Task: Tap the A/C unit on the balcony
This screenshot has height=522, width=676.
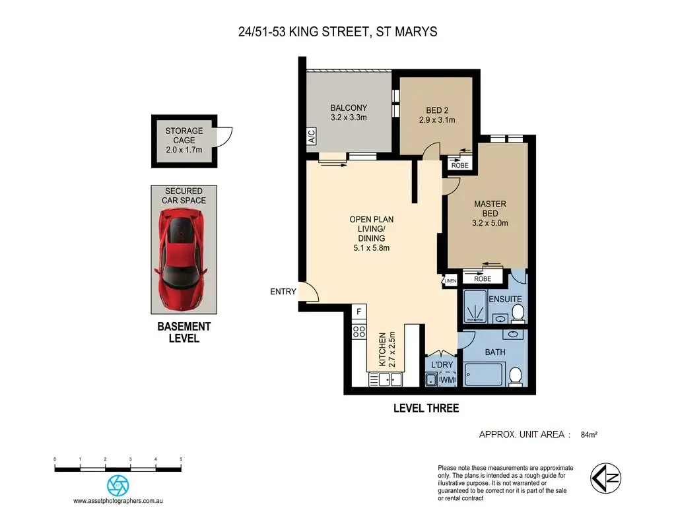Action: pos(312,136)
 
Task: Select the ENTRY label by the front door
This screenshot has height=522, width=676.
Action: pos(283,292)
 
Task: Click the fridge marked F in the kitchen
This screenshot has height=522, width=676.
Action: pos(358,311)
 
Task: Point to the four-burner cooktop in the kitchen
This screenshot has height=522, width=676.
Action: pos(359,331)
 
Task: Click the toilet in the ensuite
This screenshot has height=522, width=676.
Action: pos(518,313)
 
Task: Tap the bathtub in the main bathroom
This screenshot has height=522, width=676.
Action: pos(485,374)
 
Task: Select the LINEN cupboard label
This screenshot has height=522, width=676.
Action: pos(450,281)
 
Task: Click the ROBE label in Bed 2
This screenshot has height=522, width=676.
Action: pos(460,166)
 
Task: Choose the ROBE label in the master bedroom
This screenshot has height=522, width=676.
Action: pos(483,279)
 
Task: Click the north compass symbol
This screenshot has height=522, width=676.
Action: pos(606,478)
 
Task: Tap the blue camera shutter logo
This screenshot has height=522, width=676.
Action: pos(118,485)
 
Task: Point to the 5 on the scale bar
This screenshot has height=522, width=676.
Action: pos(181,459)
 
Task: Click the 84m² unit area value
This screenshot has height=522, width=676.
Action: pos(589,435)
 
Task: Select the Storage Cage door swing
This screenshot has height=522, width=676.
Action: pos(224,137)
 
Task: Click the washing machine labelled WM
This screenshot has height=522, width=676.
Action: pos(448,379)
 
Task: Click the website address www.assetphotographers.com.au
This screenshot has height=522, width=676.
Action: pos(118,501)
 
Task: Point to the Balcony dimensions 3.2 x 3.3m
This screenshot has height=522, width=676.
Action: pos(349,117)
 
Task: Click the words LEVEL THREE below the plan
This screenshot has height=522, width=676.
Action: pos(426,408)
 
